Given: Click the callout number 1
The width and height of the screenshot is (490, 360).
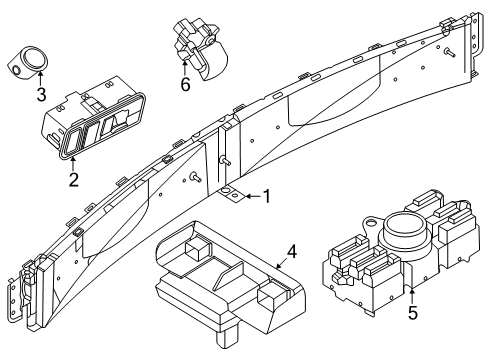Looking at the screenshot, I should pyautogui.click(x=266, y=197).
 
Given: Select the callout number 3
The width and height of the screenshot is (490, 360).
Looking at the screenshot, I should pyautogui.click(x=40, y=95).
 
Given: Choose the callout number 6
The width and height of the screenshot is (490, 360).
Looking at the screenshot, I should pyautogui.click(x=184, y=87).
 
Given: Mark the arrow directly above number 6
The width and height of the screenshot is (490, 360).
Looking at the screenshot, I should pyautogui.click(x=184, y=69).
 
